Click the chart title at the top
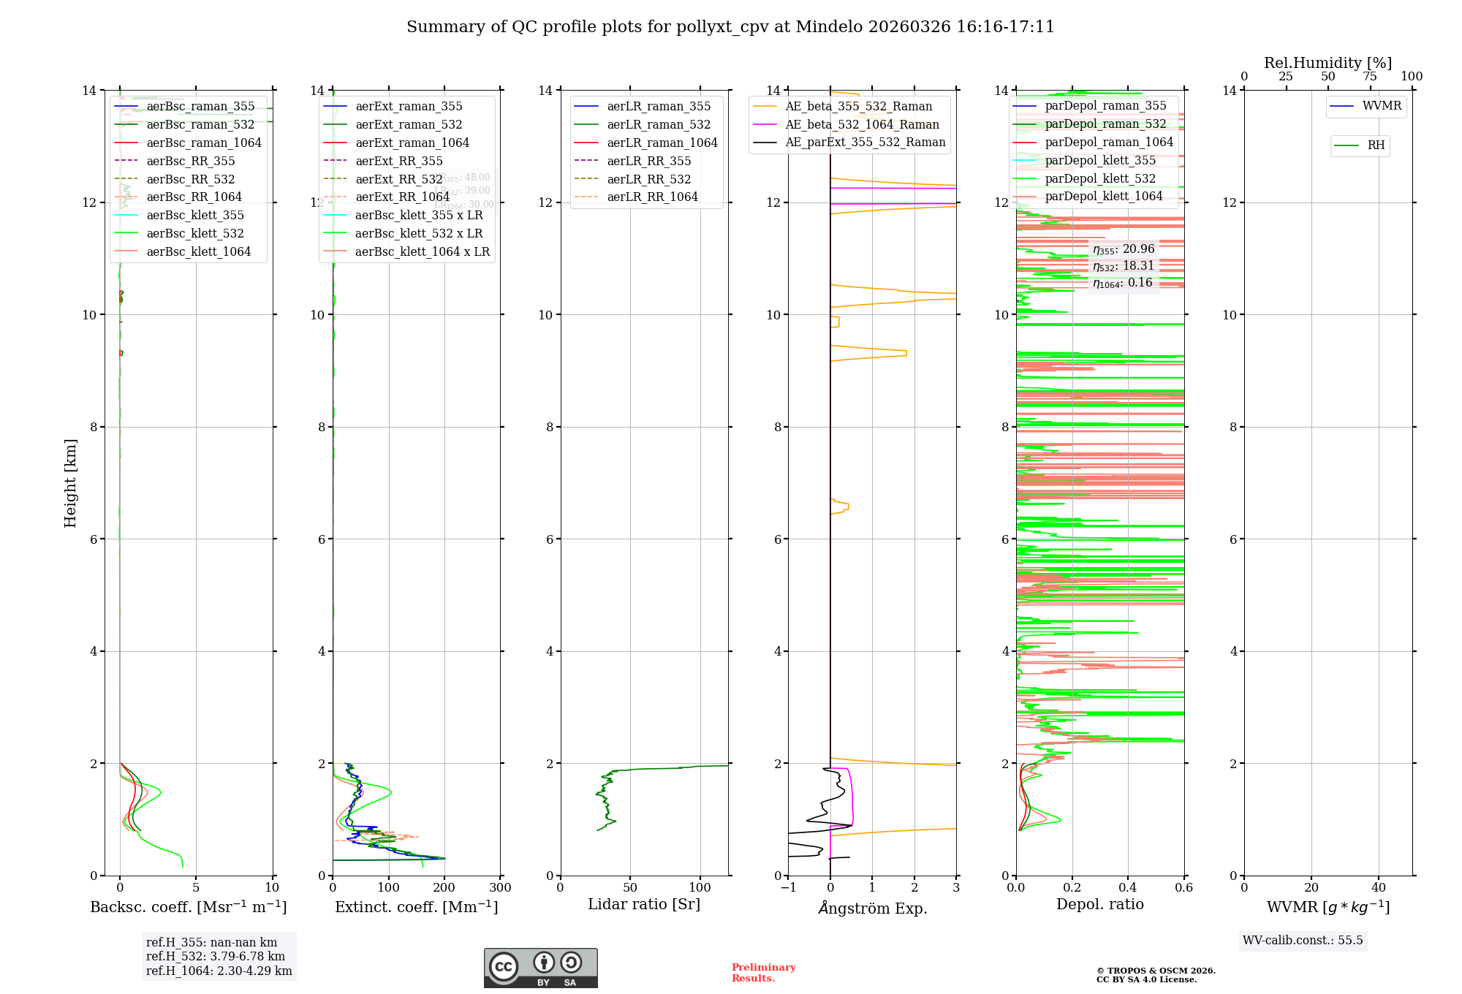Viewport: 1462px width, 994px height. [730, 27]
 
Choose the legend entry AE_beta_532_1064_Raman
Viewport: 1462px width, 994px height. [862, 124]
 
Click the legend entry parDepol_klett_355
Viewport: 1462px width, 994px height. [1100, 160]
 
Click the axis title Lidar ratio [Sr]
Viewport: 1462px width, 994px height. [644, 904]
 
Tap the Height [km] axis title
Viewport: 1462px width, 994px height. [70, 482]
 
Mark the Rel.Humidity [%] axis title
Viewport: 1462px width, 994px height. [1327, 63]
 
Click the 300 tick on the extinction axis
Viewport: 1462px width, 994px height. [500, 888]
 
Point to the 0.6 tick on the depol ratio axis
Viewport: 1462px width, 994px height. [1183, 888]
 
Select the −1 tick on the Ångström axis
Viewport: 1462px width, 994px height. [787, 888]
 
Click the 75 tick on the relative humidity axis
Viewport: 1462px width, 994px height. [1370, 77]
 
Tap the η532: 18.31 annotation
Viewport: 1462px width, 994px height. [1124, 266]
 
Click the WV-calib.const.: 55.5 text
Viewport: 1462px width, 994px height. [1303, 941]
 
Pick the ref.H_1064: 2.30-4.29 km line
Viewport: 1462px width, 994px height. [219, 971]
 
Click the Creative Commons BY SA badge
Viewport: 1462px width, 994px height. [540, 968]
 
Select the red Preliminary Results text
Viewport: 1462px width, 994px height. [763, 973]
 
